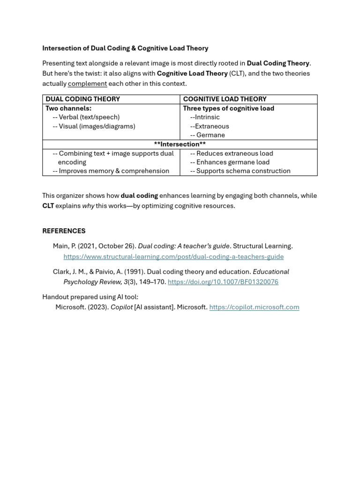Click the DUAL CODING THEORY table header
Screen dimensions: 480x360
(82, 99)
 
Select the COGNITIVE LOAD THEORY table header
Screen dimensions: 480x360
(225, 99)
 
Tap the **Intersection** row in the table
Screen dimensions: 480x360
(180, 144)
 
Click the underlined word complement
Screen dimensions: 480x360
(87, 83)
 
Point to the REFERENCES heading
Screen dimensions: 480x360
(64, 231)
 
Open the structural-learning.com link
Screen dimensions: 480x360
(173, 256)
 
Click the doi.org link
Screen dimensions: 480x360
(223, 282)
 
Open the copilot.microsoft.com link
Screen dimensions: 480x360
(254, 307)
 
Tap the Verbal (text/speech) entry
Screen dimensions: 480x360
(89, 117)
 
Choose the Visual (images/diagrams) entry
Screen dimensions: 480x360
(97, 126)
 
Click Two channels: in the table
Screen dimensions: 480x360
(68, 108)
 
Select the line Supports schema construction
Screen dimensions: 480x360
(243, 171)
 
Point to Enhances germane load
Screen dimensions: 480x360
(232, 162)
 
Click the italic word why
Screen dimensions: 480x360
(88, 206)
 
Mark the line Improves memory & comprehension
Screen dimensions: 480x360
(113, 171)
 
